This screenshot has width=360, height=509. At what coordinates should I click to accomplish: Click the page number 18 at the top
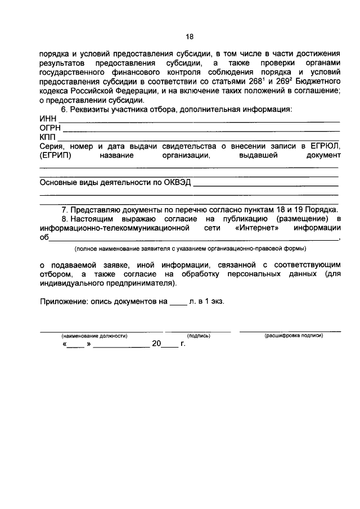tap(190, 37)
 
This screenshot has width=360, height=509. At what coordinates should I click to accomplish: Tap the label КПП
tap(48, 137)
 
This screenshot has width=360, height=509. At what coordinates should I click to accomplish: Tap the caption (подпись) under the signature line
tap(198, 335)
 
